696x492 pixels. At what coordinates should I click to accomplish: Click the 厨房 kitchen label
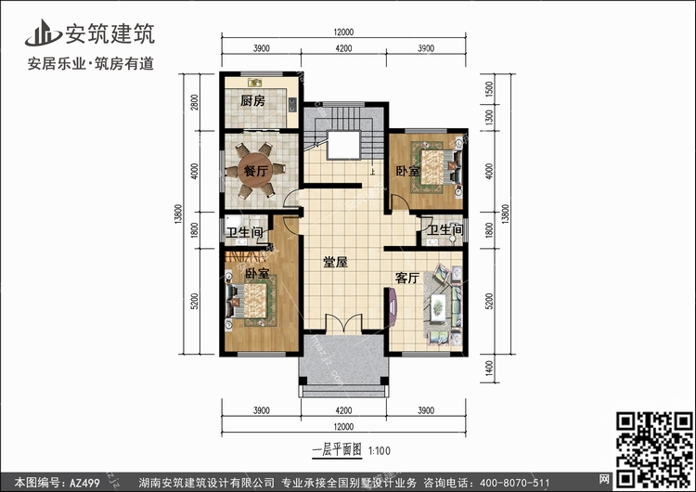point(252,101)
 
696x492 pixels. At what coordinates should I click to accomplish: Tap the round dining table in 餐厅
point(255,171)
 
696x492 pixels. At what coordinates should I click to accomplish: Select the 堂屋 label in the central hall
point(335,263)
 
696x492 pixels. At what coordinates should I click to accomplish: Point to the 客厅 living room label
point(407,278)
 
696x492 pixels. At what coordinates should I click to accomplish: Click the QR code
point(655,449)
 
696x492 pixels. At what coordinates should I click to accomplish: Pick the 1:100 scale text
point(379,451)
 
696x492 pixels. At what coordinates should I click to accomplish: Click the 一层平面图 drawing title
point(337,450)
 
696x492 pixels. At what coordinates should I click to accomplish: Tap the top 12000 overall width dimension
point(343,32)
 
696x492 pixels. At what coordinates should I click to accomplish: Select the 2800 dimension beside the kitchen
point(195,102)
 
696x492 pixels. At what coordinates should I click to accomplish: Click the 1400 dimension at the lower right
point(489,369)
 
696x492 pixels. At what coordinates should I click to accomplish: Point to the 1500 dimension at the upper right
point(489,89)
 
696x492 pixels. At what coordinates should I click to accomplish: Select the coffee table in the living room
point(438,306)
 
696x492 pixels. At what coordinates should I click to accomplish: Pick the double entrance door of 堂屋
point(344,323)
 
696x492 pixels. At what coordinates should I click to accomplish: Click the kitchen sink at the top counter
point(255,83)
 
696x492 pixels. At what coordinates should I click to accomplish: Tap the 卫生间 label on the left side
point(244,232)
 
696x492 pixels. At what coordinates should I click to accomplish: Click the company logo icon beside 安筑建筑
point(43,32)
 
